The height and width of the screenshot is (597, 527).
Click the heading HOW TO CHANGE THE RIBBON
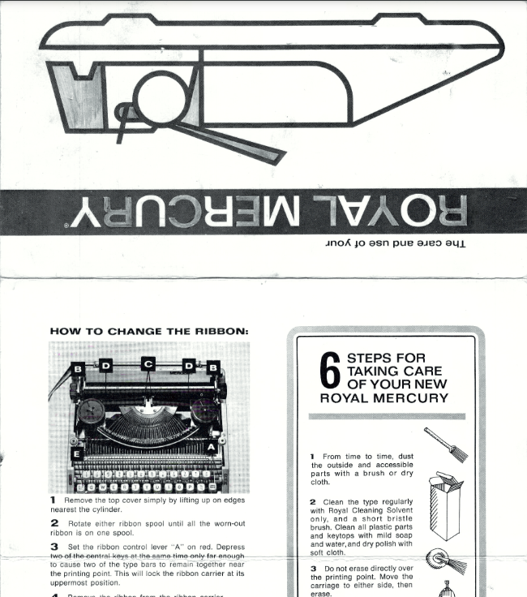(149, 331)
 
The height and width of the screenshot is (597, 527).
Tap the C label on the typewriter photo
(148, 364)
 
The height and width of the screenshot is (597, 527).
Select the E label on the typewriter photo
(77, 454)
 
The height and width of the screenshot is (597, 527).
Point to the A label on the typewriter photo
(212, 447)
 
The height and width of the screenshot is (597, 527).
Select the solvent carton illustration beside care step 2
(445, 507)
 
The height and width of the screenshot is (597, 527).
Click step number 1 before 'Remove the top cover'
(54, 500)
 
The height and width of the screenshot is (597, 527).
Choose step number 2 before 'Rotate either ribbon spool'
(54, 522)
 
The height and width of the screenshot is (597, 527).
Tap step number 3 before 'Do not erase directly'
(313, 569)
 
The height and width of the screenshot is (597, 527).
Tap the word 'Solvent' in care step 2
(413, 511)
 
